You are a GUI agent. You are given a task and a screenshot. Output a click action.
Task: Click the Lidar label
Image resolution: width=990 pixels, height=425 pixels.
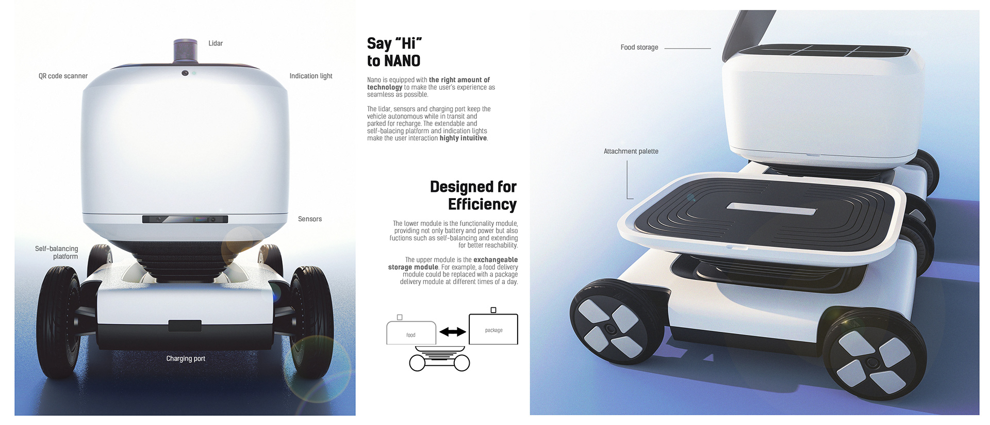coord(216,43)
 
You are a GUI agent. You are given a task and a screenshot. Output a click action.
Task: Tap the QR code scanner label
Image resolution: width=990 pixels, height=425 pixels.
coord(63,76)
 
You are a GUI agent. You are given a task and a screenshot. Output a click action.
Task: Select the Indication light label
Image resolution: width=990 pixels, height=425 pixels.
coord(311,76)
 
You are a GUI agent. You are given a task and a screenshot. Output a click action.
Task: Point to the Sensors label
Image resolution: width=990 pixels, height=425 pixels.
coord(310,219)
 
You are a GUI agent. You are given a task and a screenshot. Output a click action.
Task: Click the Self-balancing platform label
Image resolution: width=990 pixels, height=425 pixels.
coord(57,252)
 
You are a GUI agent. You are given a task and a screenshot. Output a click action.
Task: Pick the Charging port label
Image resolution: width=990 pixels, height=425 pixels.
coord(186,358)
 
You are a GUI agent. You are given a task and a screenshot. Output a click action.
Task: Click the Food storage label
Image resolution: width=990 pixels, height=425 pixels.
coord(639,47)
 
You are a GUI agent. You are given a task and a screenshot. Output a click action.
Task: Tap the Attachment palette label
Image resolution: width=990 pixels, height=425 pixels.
coord(631,151)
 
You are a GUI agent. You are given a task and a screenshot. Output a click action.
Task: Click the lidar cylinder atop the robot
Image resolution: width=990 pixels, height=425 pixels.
coord(186,51)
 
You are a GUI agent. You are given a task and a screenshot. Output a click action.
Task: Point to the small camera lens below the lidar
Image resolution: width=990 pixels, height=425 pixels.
coord(185,73)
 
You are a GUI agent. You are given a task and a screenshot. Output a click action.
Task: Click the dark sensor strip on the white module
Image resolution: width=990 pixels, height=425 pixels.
coord(185,219)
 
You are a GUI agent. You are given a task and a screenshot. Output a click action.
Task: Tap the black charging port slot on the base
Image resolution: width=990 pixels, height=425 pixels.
coord(185,325)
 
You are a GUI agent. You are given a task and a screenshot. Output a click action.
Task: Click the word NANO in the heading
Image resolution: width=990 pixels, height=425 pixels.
coord(402,61)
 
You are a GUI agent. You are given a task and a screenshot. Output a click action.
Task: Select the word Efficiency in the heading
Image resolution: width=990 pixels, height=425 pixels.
coord(482,204)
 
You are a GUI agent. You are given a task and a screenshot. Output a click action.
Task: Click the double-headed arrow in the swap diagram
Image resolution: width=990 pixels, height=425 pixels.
coord(452,332)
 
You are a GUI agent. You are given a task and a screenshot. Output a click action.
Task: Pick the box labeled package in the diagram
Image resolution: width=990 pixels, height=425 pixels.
coord(493,329)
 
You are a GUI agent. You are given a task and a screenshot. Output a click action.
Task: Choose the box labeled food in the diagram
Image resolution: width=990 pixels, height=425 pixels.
coord(411,333)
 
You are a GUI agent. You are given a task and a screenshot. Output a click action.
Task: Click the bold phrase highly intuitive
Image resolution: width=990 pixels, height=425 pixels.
coord(463,138)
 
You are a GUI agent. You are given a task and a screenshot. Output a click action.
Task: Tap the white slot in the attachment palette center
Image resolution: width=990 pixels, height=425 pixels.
coord(772,208)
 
